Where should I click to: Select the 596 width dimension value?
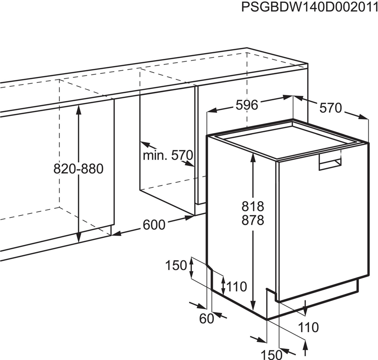pos(247,105)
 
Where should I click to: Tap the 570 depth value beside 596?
pos(331,108)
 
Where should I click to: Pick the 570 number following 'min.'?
pos(182,155)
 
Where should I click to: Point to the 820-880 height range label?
pos(79,169)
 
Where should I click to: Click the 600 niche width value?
pos(154,225)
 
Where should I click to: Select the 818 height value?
pos(253,206)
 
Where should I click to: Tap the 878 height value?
pos(253,220)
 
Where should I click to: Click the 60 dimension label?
pos(207,319)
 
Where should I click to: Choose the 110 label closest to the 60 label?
pos(237,287)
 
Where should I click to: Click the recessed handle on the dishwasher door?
pos(330,162)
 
